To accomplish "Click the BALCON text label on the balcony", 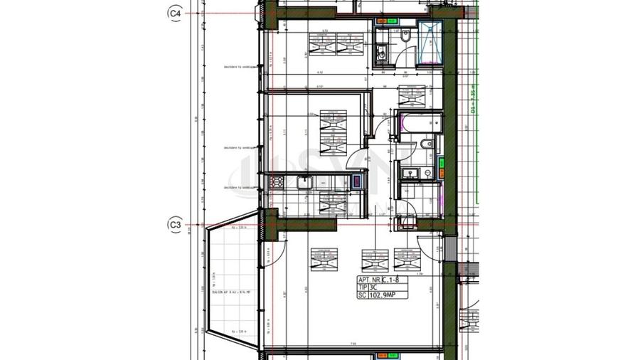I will pos(228,292).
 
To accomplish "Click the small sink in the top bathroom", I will pos(381,51).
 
